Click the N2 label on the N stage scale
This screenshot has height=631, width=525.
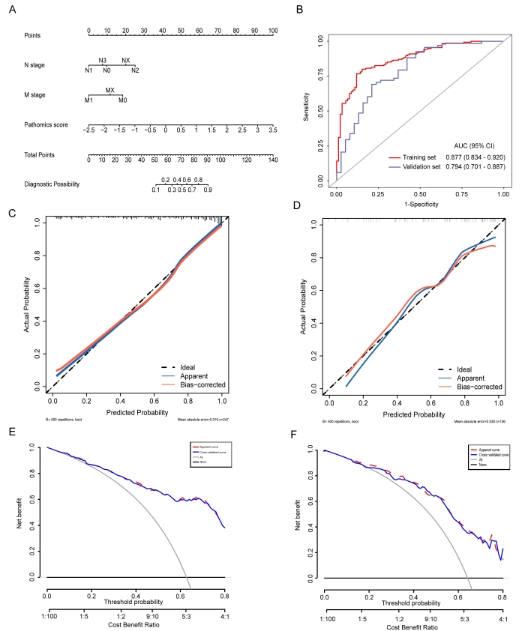click(x=135, y=70)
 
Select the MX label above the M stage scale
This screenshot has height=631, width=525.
click(x=109, y=90)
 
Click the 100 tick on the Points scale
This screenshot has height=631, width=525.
click(x=272, y=31)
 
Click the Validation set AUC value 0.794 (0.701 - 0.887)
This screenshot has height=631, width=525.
click(x=470, y=166)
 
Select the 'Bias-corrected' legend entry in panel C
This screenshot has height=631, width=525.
click(x=187, y=384)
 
